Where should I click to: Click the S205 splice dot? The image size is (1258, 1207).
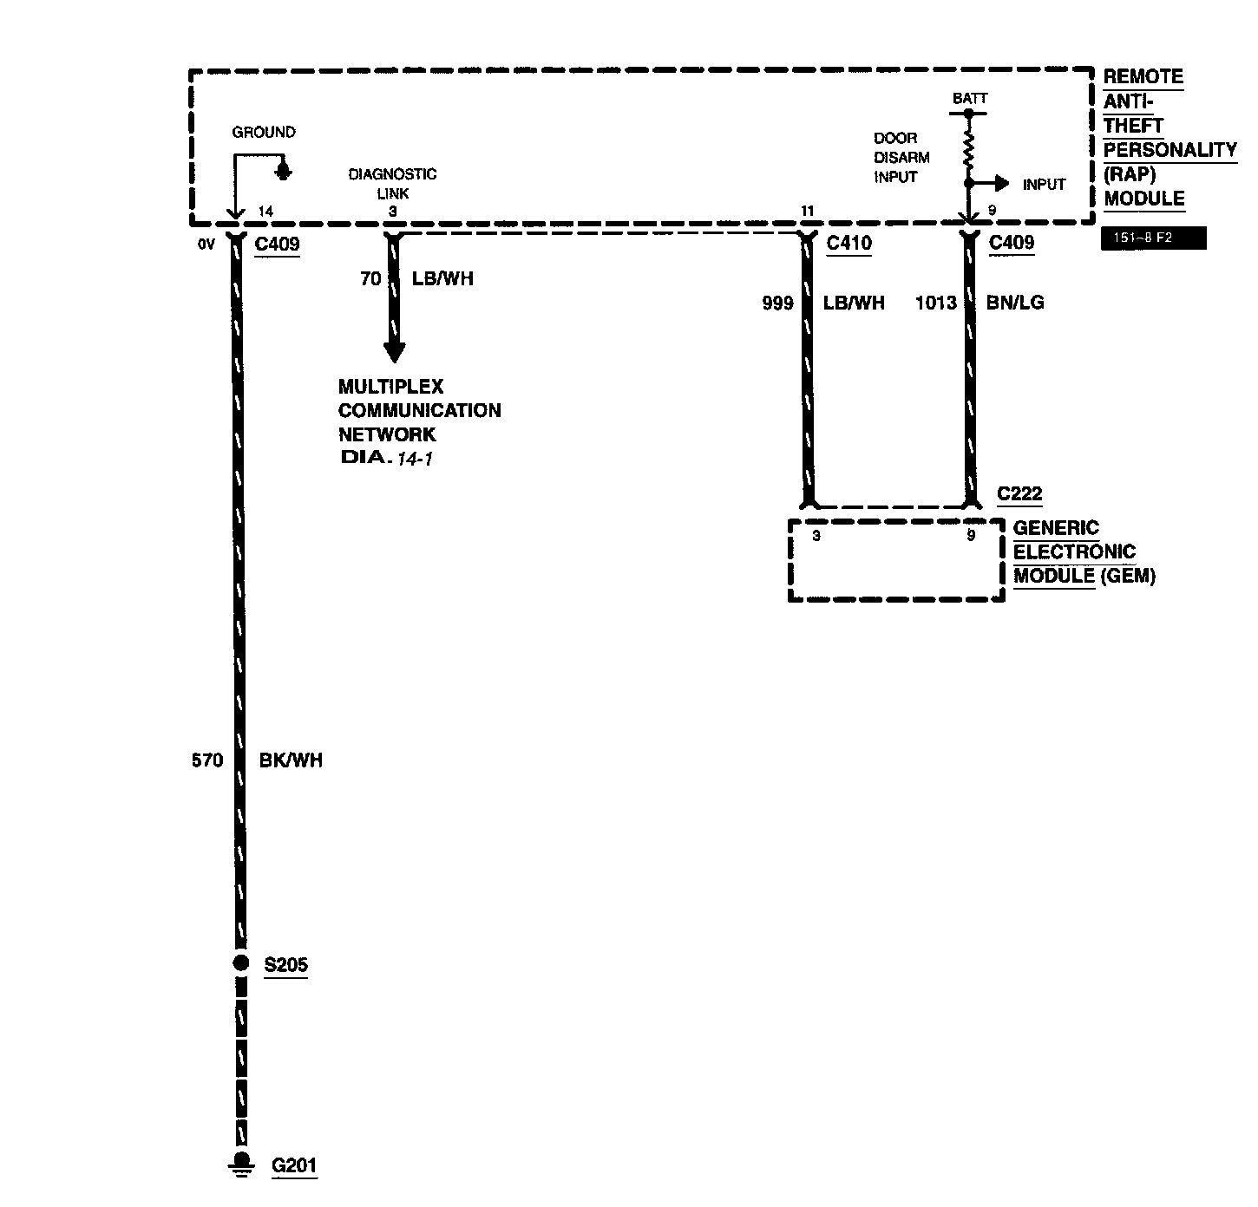(241, 962)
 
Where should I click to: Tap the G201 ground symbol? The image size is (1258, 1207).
(241, 1165)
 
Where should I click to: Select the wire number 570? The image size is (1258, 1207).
(206, 760)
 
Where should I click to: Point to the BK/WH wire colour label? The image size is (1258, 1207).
(291, 760)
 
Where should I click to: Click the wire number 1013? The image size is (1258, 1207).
(936, 303)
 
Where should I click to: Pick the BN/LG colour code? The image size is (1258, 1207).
(1015, 303)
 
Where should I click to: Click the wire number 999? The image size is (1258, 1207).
(776, 303)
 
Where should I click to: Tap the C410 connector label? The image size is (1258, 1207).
(848, 244)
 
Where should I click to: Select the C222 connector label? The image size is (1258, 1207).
(1019, 494)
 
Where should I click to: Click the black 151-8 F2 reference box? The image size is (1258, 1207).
(1153, 238)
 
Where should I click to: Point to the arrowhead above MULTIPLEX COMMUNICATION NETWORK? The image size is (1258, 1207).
(394, 351)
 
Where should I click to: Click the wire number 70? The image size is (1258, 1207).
(370, 279)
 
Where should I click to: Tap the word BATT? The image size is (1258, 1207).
(969, 99)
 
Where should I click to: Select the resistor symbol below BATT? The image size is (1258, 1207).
(968, 146)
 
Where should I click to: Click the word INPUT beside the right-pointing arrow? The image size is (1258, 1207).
(1044, 184)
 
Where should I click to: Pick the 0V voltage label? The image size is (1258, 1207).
(206, 245)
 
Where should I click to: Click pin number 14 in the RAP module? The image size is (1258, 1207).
(265, 212)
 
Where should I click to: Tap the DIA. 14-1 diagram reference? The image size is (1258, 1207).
(387, 457)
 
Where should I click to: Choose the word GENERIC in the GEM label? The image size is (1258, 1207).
(1056, 528)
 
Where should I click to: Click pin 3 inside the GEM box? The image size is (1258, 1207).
(816, 536)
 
